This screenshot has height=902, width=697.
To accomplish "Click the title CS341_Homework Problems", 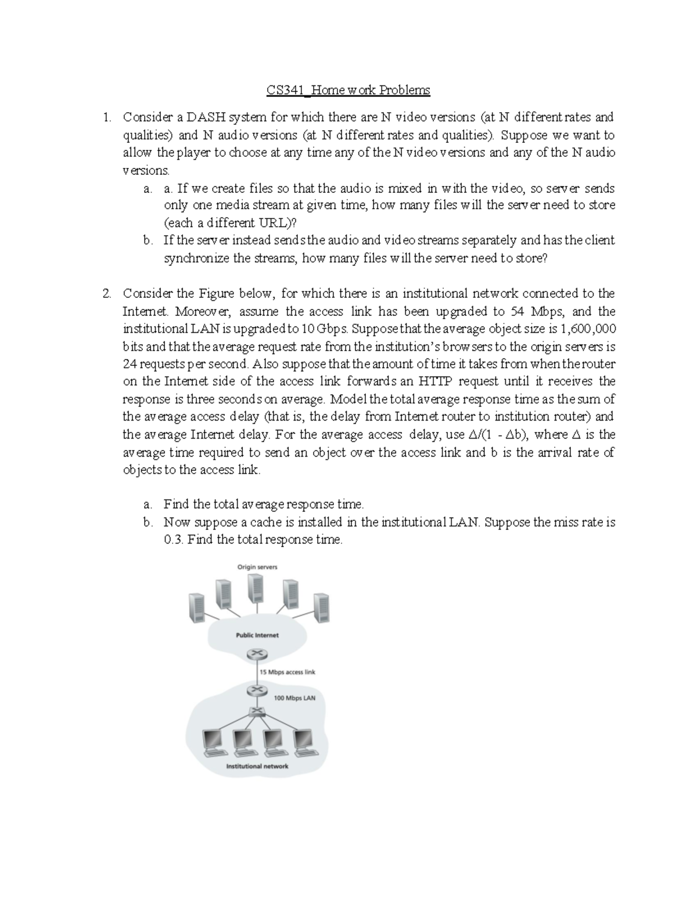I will [348, 90].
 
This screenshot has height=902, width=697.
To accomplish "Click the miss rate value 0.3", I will [173, 540].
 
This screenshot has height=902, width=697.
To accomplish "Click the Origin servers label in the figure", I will [257, 567].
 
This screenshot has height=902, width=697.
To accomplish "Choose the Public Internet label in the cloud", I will [257, 635].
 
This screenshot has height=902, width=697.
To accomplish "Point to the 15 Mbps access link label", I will [287, 672].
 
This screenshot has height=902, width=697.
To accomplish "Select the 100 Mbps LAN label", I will [294, 698].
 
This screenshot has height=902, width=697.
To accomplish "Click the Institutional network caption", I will [257, 766].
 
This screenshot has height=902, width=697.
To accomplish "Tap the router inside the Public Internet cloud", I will [254, 654].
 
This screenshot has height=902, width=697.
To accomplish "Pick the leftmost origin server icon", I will [196, 608].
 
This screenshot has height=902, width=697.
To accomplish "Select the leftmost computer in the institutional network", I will [212, 741].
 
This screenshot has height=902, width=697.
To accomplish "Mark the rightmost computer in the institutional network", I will [302, 741].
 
